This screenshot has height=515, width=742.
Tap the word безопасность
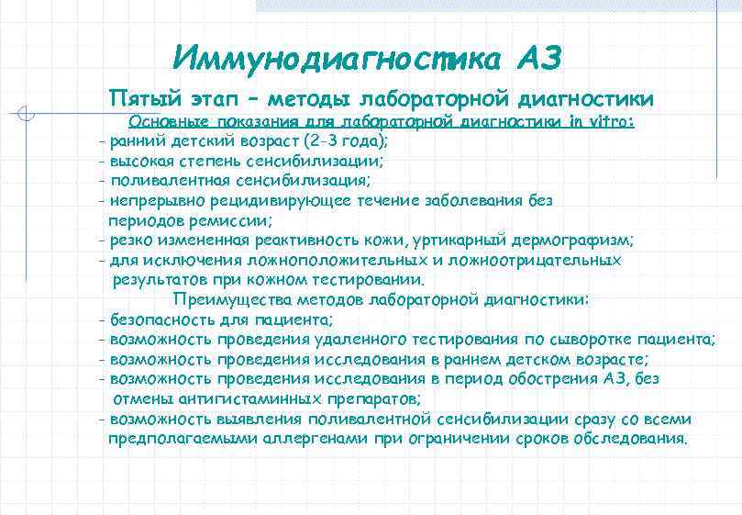[x=158, y=319]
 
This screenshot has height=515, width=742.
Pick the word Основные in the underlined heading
[x=166, y=122]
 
